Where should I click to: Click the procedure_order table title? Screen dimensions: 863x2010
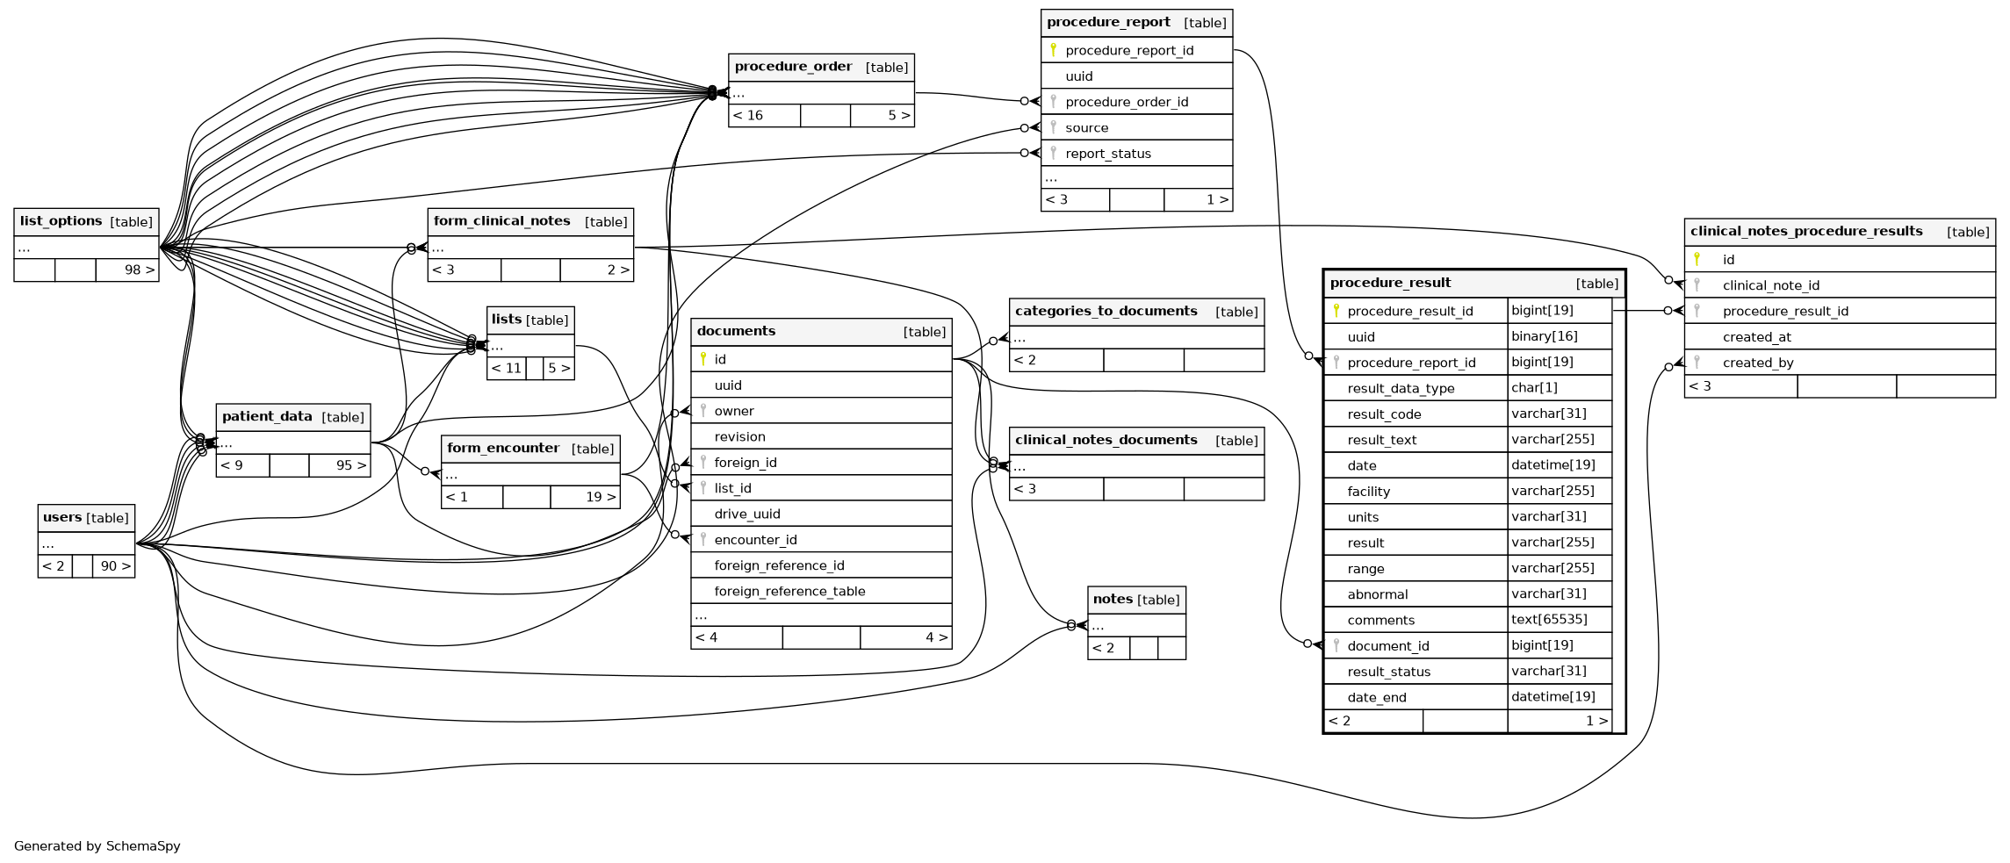coord(793,67)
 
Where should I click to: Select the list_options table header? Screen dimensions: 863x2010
coord(61,221)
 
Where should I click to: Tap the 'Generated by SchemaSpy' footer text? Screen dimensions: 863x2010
coord(97,846)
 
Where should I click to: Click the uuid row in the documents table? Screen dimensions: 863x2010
coord(728,385)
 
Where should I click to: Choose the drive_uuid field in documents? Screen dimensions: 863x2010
coord(746,514)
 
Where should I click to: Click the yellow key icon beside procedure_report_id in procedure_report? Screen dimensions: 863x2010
coord(1053,50)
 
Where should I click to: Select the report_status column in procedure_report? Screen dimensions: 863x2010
coord(1107,154)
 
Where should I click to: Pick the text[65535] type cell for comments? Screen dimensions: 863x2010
coord(1549,620)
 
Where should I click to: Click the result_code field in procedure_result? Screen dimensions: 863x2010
coord(1384,414)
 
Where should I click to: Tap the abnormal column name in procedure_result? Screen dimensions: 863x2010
coord(1377,594)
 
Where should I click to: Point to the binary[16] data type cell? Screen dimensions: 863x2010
coord(1544,336)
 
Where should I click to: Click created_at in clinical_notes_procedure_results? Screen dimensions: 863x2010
coord(1756,337)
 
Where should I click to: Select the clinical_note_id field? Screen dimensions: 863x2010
coord(1770,285)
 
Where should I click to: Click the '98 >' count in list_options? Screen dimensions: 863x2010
coord(139,270)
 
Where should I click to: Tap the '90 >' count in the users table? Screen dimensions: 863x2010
coord(115,566)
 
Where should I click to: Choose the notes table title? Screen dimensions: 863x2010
coord(1113,599)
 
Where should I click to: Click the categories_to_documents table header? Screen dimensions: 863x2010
coord(1106,312)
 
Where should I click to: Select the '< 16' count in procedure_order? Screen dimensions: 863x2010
coord(748,116)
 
